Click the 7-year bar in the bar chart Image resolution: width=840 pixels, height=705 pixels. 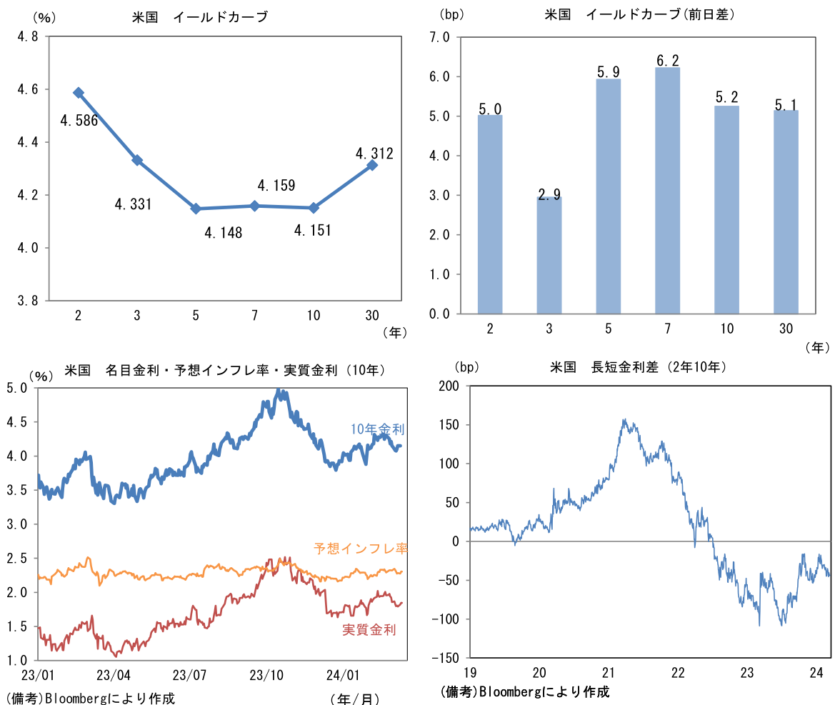tap(667, 190)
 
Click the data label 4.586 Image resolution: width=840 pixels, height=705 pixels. tap(79, 121)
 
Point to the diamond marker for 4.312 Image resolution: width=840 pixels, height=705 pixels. tap(372, 165)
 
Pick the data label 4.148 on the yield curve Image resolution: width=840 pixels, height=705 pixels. tap(223, 232)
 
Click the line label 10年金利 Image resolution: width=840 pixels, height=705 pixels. tap(377, 429)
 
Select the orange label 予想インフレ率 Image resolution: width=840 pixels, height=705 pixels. tap(360, 549)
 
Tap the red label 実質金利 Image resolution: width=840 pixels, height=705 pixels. tap(369, 629)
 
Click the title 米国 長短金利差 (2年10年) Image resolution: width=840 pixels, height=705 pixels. tap(638, 367)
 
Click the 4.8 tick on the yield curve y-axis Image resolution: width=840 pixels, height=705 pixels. tap(29, 36)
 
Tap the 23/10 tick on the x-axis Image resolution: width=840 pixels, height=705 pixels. tap(266, 675)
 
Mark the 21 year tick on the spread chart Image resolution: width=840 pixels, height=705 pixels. tap(609, 673)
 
